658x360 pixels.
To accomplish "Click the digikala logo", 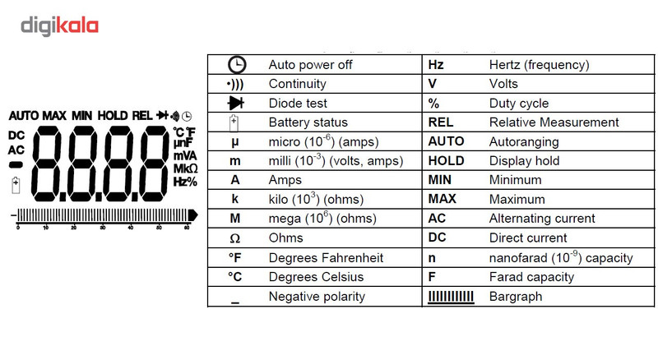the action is click(59, 26).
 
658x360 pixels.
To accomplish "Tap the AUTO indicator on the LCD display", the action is click(25, 115).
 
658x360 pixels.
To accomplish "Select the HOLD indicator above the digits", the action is click(113, 115).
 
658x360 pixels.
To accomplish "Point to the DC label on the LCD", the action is click(16, 136).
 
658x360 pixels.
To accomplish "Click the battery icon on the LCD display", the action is click(16, 185).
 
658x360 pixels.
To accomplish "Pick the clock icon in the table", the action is click(237, 65).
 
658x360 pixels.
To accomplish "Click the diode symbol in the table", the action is click(236, 103).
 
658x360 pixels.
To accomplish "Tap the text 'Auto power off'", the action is click(310, 65).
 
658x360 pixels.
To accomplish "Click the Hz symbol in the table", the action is click(436, 65).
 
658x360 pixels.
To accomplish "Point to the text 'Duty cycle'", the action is click(519, 104).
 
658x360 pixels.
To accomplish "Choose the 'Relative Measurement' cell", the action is click(554, 122).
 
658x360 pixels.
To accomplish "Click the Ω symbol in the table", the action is click(235, 238).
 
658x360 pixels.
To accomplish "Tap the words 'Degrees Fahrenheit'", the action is click(326, 257).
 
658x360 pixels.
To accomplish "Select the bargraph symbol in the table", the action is click(451, 297).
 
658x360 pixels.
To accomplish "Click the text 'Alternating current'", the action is click(542, 218).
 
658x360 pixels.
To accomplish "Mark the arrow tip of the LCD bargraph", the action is click(197, 215).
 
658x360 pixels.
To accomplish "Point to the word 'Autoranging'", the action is click(524, 142).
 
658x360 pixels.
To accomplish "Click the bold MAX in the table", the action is click(442, 199).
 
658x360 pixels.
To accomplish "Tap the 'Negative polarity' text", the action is click(317, 296).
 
